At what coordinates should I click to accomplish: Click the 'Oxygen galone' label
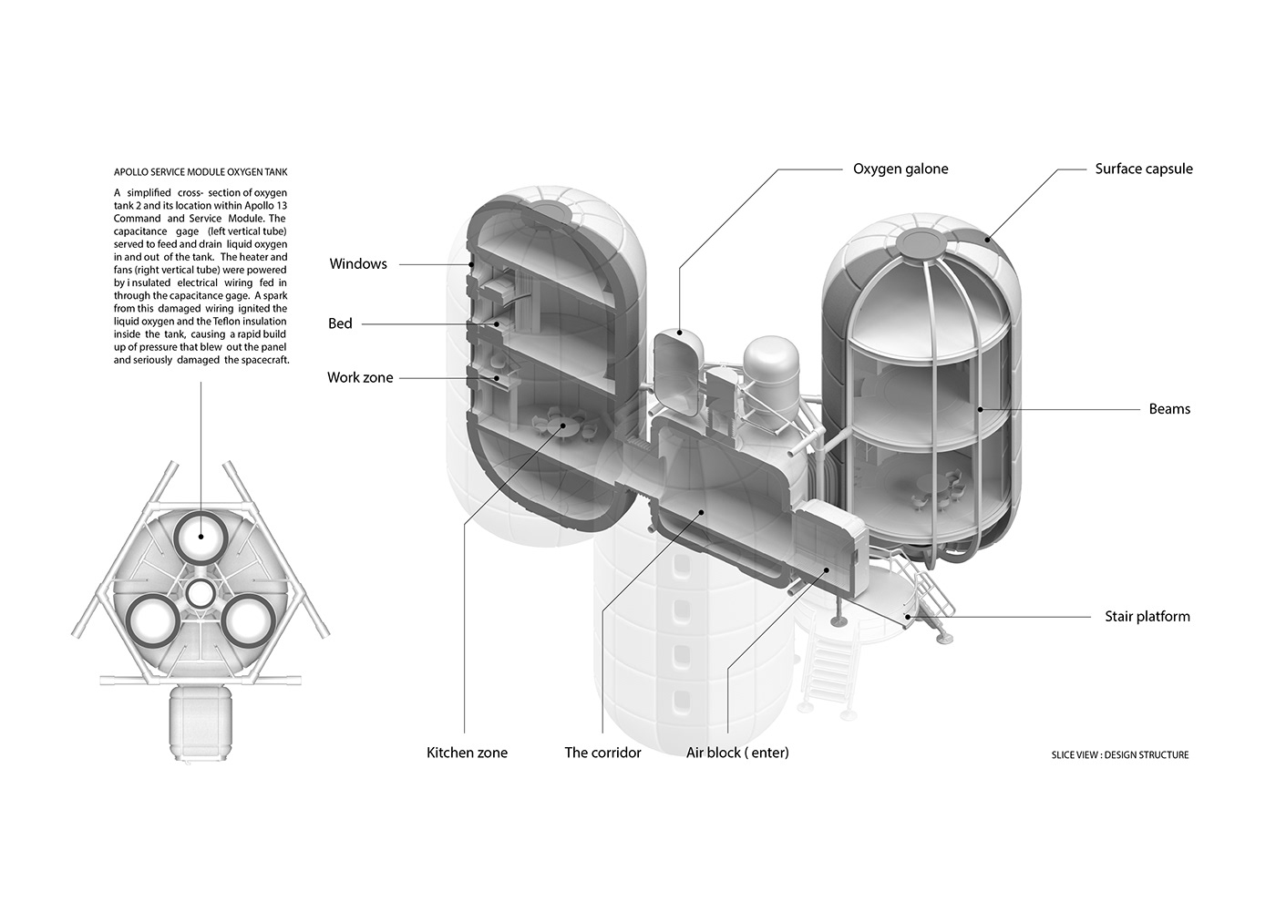pos(900,169)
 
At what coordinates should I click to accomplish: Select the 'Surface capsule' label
pos(1143,169)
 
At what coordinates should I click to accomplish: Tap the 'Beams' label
pos(1168,409)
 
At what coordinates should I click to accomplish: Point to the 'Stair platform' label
pos(1147,617)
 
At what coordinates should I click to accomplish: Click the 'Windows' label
pos(358,264)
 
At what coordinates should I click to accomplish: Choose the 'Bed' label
pos(340,323)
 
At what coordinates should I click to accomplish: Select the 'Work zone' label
pos(360,377)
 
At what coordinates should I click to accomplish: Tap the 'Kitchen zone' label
pos(467,753)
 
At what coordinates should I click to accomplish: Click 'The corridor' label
pos(602,753)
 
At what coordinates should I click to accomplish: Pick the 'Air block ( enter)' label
pos(737,753)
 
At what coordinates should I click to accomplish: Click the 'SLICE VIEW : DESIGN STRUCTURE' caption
pos(1119,755)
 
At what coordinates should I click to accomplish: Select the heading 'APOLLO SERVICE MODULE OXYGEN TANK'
pos(201,172)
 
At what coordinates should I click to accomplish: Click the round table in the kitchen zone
pos(566,425)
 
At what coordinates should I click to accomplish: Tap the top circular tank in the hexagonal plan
pos(201,538)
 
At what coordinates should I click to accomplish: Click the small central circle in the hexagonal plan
pos(200,595)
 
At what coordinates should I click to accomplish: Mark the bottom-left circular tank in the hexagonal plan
pos(151,621)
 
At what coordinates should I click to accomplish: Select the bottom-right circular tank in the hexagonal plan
pos(248,621)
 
